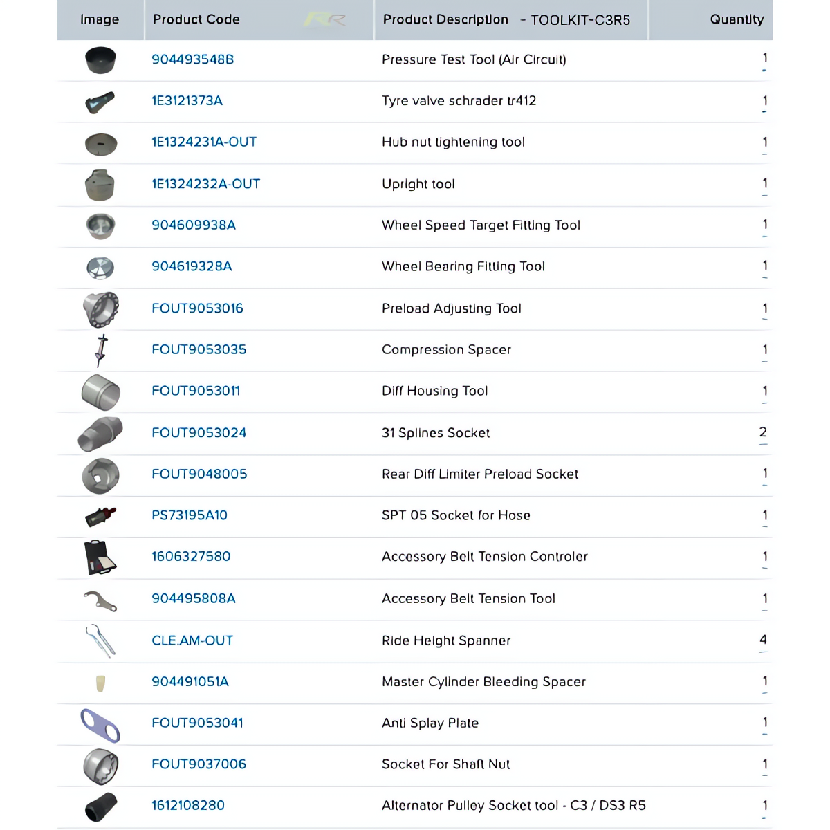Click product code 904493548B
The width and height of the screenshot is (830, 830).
click(x=192, y=59)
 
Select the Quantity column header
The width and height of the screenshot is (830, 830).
click(x=737, y=19)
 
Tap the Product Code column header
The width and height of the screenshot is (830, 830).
click(x=196, y=19)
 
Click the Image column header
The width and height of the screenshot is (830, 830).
click(x=100, y=19)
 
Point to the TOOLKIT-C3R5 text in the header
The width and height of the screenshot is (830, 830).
click(x=580, y=20)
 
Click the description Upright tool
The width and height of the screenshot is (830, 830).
click(x=418, y=184)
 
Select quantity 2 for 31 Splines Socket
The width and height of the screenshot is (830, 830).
click(x=763, y=432)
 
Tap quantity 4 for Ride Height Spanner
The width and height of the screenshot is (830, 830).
click(x=763, y=640)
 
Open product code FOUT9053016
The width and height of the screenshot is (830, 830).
click(x=197, y=308)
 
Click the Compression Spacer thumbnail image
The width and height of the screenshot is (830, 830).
click(x=101, y=350)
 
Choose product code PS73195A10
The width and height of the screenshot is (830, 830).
click(x=190, y=515)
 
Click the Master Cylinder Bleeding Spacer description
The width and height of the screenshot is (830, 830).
click(x=483, y=682)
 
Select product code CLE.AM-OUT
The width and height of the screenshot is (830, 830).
click(x=192, y=640)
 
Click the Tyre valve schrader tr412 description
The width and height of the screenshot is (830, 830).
click(x=459, y=101)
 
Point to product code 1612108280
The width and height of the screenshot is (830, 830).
click(x=188, y=805)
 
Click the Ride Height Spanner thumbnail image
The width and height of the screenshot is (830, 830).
click(x=100, y=640)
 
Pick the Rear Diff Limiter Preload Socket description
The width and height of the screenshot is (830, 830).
click(x=480, y=474)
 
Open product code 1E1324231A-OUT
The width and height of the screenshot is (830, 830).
click(x=204, y=142)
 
